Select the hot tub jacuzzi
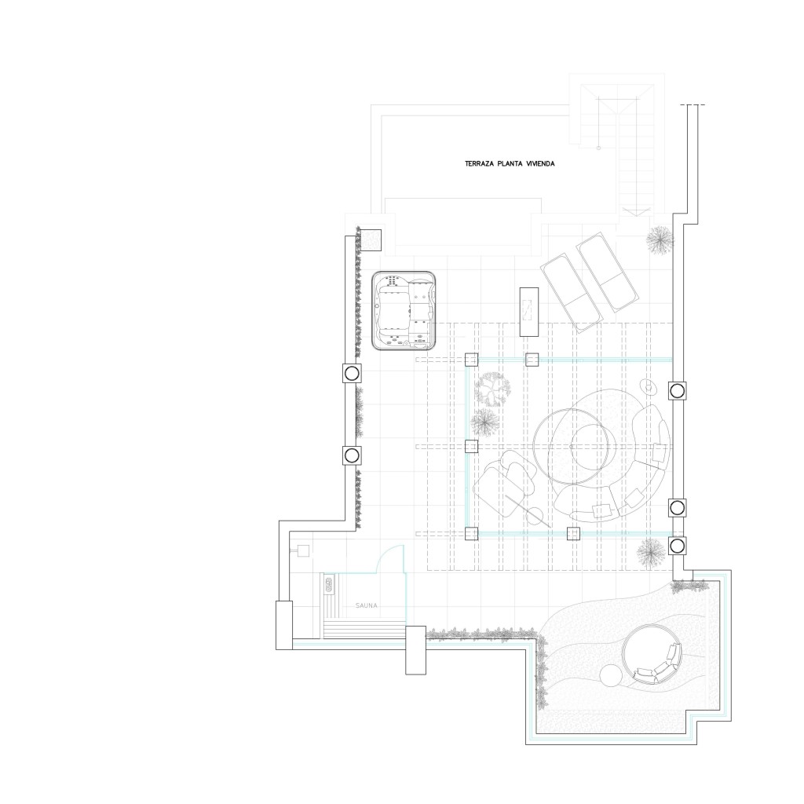[x=404, y=311]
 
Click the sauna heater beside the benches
[x=327, y=583]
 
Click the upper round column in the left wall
[x=351, y=372]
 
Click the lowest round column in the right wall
[x=677, y=545]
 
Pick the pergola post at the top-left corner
[x=471, y=360]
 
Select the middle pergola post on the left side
[x=471, y=446]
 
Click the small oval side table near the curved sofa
[x=649, y=386]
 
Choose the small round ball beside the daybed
[x=610, y=674]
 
